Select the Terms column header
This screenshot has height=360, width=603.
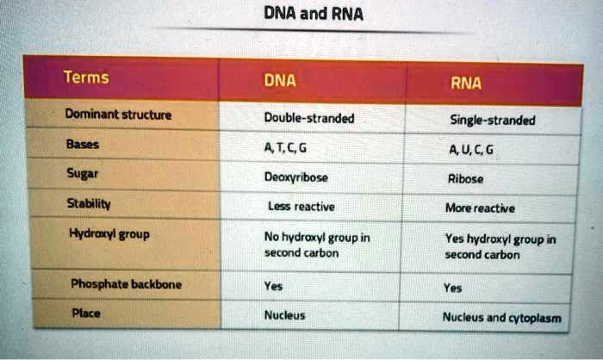coord(86,78)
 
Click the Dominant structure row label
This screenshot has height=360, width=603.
coord(119,114)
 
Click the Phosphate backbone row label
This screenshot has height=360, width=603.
coord(126,283)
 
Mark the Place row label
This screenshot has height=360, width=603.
coord(84,313)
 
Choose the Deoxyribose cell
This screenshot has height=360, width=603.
coord(296,177)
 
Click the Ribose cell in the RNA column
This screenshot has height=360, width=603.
coord(466,179)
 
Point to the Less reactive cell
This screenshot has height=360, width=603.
coord(301,206)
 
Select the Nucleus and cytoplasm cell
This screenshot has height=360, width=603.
coord(501,318)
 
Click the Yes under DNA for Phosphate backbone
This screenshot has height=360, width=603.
coord(274,287)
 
